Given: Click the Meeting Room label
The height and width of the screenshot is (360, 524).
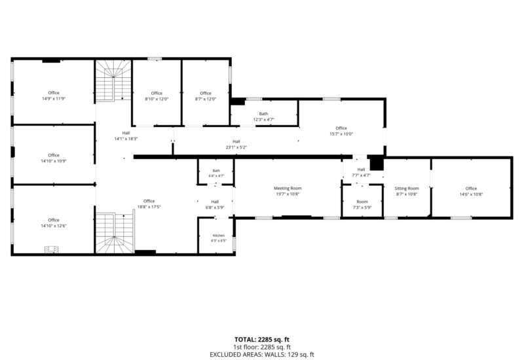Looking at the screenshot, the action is pos(288,188).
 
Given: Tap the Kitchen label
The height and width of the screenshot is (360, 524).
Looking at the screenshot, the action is pos(219,236).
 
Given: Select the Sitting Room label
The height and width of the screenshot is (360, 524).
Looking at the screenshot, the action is pos(406,189).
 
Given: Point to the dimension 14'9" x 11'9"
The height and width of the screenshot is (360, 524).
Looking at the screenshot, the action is pos(54,99).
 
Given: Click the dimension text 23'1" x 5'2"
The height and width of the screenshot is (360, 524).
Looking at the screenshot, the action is pos(236,147).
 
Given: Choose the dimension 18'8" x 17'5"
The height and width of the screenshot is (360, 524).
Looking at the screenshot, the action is pos(149,207).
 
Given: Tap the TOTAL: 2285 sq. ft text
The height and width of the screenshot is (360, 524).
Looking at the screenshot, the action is pos(261,340).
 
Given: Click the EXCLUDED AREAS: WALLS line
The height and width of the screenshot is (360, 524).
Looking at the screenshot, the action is pos(262,355).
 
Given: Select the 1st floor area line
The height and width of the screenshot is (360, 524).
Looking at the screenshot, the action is pos(262,348).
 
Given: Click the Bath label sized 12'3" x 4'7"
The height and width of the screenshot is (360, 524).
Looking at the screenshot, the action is pos(263,114).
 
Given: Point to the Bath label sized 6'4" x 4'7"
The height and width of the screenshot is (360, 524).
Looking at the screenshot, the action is pos(216,171).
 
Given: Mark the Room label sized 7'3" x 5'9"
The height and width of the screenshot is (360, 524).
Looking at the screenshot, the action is pos(362,202).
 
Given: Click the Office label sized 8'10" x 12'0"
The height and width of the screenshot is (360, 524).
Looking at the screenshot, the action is pos(157,93).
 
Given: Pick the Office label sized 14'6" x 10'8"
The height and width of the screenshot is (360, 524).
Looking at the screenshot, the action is pos(471,189).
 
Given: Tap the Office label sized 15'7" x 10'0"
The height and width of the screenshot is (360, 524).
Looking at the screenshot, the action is pos(341,128).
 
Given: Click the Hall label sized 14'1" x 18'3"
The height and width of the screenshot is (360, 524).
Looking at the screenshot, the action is pos(126,133).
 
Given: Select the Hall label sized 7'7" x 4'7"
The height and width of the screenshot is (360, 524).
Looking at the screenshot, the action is pos(361,170).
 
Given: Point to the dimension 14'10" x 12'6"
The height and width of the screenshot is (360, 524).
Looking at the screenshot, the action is pos(54,226).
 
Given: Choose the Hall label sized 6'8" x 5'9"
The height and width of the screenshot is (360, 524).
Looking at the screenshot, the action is pos(215,202).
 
